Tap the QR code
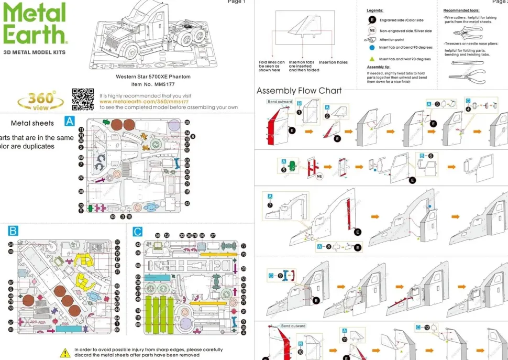(83, 99)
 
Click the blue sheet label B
(14, 231)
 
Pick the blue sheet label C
(137, 231)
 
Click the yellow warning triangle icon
(65, 353)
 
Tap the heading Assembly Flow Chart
(299, 91)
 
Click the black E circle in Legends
(372, 20)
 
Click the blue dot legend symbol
(372, 47)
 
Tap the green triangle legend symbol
(372, 59)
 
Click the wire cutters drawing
(467, 32)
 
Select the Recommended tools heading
(461, 10)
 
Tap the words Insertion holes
(333, 62)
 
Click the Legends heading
(374, 10)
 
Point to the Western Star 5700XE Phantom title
(153, 77)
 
